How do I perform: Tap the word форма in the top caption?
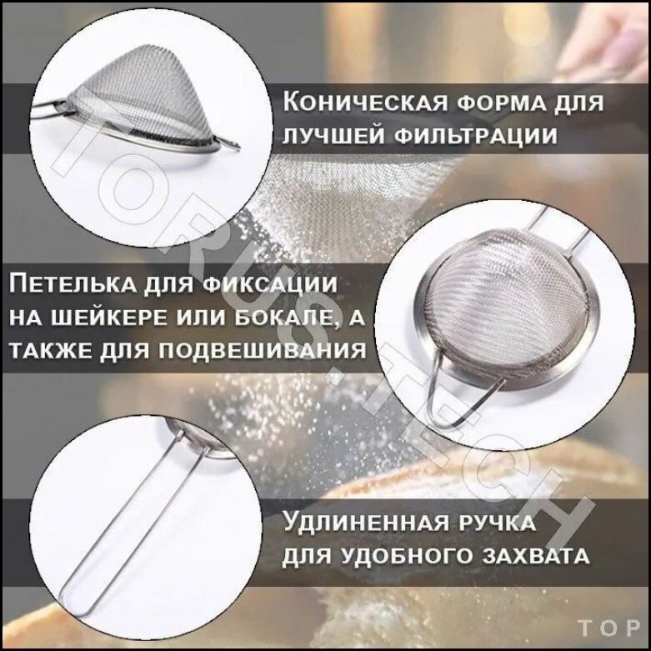496,103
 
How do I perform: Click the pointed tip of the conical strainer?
238,146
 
